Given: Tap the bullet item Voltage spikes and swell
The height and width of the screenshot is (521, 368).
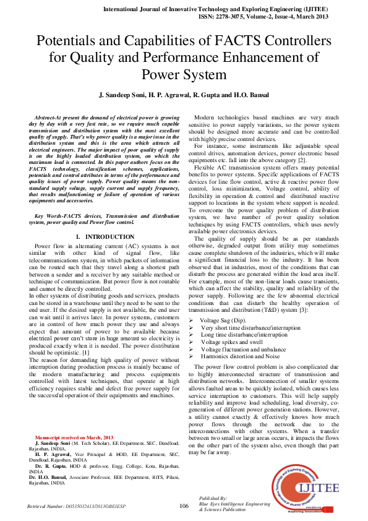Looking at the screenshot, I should tap(232, 342).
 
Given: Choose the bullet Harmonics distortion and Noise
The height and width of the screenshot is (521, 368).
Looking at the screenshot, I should tap(240, 356).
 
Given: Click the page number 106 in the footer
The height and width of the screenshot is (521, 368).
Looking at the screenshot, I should tap(184, 506).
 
